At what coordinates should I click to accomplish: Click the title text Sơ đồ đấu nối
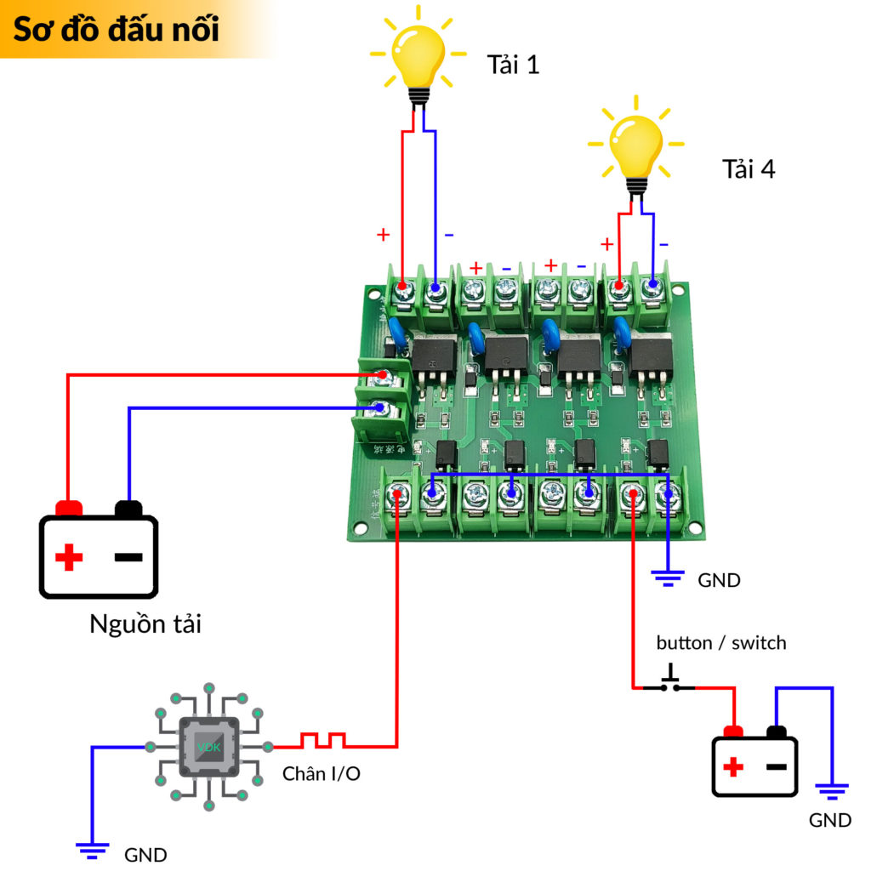click(117, 29)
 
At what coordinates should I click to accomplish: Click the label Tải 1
click(513, 65)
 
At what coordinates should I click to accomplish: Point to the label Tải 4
click(749, 168)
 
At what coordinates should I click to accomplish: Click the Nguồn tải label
click(145, 625)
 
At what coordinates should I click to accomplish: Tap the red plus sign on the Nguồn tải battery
click(69, 559)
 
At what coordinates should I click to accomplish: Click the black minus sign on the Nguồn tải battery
click(128, 558)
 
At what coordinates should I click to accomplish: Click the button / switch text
click(721, 643)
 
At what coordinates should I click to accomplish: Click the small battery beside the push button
click(754, 762)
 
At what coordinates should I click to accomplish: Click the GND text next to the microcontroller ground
click(145, 855)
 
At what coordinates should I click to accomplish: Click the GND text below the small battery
click(830, 820)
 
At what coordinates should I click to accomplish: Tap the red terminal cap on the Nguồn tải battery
click(69, 508)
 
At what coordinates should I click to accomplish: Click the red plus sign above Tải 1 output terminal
click(384, 234)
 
